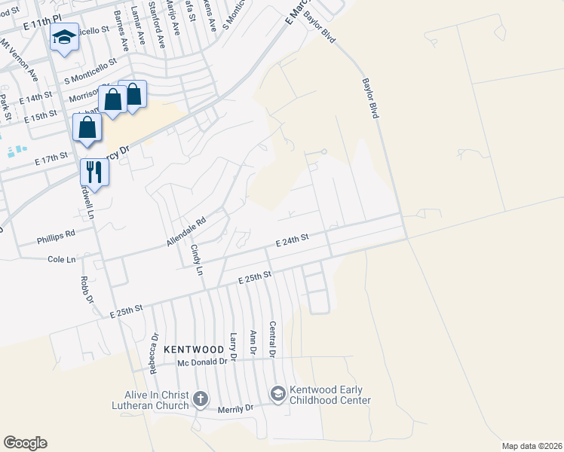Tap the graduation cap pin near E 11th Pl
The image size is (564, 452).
[x=65, y=37]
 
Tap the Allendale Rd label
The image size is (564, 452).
[x=186, y=233]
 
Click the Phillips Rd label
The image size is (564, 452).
[x=56, y=237]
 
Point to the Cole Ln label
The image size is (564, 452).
[x=62, y=259]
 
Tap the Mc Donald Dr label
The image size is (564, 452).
[x=202, y=362]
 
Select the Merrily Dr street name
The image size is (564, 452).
[x=236, y=408]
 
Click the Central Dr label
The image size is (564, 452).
[x=273, y=339]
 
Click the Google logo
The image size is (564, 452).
[x=25, y=443]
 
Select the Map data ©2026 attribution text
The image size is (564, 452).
[x=532, y=446]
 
